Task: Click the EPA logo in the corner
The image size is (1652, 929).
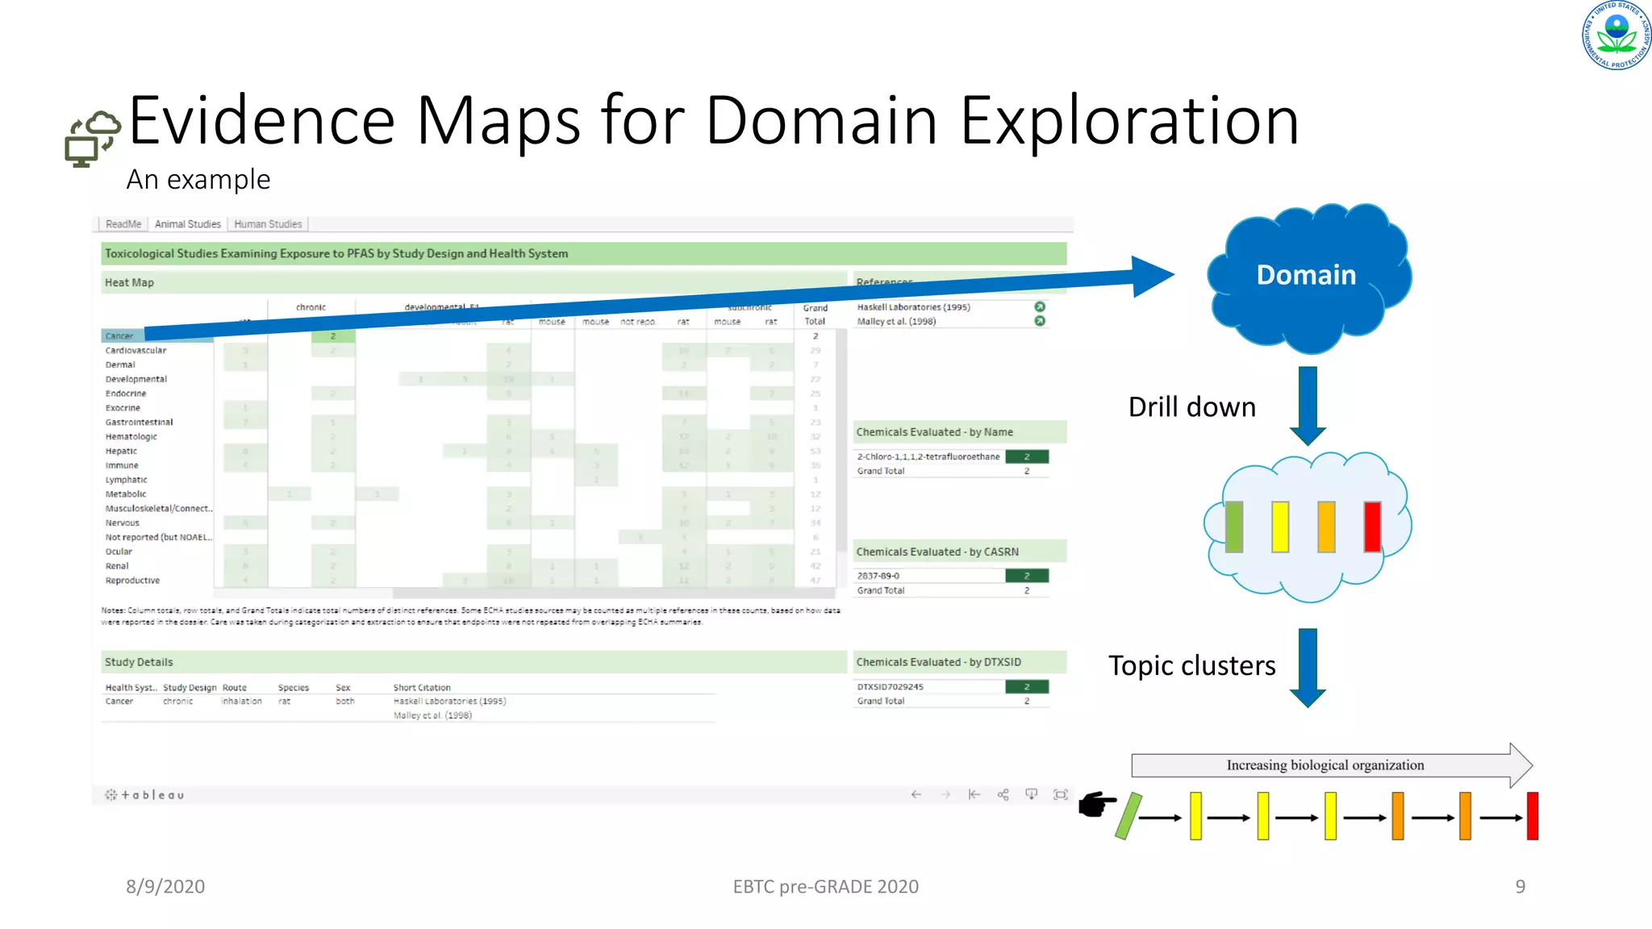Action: pos(1616,35)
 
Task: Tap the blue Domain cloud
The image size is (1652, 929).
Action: pos(1307,276)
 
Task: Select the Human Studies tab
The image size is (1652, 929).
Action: pos(268,224)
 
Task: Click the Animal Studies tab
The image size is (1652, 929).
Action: pos(187,224)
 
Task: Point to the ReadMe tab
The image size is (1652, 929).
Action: pos(123,224)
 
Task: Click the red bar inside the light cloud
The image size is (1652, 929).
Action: pos(1372,527)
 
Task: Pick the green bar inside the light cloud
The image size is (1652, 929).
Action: pos(1234,527)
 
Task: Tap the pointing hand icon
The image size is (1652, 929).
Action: pos(1097,804)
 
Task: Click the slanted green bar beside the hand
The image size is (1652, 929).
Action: pos(1128,816)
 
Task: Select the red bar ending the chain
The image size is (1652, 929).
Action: pos(1533,816)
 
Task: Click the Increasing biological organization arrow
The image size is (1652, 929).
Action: pos(1331,765)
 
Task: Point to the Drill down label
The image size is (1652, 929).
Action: pos(1191,407)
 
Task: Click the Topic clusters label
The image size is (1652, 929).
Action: pos(1191,666)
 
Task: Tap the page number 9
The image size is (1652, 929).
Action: pos(1520,887)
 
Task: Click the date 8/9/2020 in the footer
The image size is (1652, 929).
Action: pos(165,887)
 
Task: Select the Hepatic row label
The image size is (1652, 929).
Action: pos(121,452)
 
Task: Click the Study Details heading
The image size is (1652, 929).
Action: pos(139,662)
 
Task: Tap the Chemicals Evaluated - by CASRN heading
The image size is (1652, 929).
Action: pos(937,552)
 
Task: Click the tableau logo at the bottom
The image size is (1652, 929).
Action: pos(145,795)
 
